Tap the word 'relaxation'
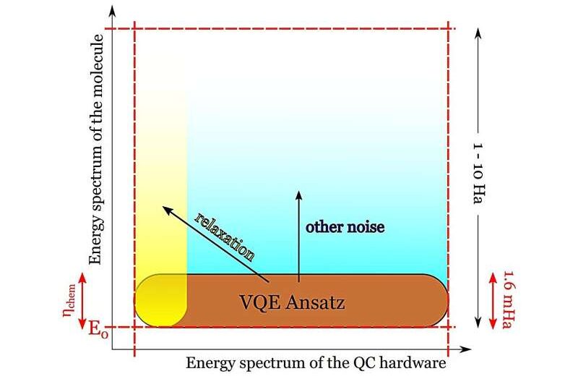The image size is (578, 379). point(225,237)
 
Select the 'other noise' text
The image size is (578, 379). point(345,227)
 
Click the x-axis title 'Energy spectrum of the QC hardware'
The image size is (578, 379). point(316,363)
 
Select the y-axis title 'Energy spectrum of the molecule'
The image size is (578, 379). point(93,148)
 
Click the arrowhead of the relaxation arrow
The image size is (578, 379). point(165,209)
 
